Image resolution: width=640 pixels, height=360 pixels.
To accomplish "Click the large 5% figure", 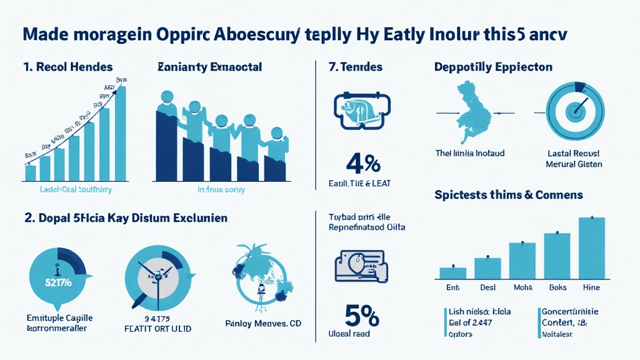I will pos(361,315).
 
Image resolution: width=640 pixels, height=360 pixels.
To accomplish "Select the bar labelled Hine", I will pos(591,248).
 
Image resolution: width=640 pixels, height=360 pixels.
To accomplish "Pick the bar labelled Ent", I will pos(453,273).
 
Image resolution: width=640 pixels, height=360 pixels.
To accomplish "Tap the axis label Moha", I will pos(522,287).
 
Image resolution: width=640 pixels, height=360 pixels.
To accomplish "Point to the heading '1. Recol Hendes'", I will pos(67,66).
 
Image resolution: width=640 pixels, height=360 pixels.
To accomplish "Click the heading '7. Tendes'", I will pos(356,66).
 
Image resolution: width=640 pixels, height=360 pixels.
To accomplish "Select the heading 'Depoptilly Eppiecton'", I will pos(493,66).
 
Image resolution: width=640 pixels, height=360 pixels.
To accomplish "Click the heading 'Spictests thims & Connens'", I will pos(508,195).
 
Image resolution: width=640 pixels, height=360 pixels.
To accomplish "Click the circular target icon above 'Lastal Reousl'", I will pos(574,112).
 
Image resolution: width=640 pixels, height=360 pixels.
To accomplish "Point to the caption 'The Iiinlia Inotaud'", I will pos(469,152).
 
